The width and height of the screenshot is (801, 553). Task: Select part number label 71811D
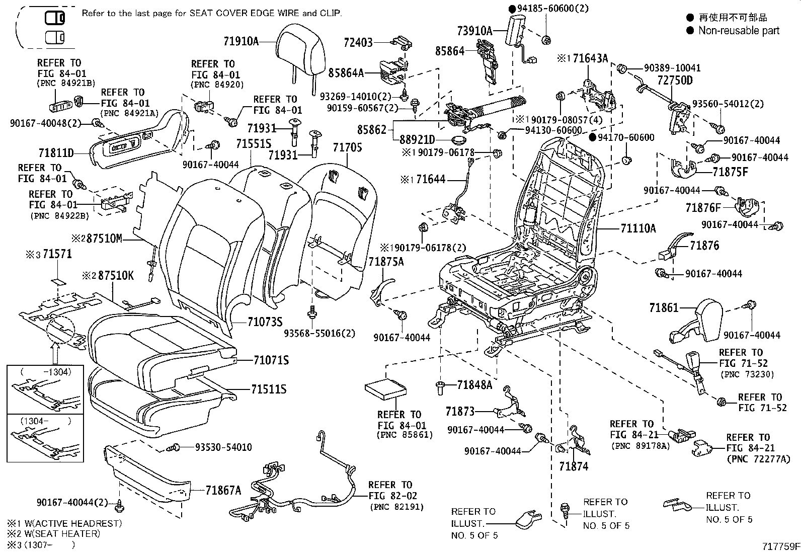click(x=56, y=152)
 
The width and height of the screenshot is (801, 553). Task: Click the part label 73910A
click(x=475, y=31)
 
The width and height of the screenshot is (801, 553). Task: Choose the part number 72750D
click(x=675, y=81)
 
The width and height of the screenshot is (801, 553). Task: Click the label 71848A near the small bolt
click(x=475, y=385)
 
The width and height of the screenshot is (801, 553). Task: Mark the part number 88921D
click(x=418, y=140)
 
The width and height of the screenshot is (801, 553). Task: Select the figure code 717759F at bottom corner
click(x=779, y=546)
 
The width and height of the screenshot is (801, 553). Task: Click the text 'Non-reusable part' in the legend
click(x=738, y=30)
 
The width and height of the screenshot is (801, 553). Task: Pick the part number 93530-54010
click(x=219, y=447)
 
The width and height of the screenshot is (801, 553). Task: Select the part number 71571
click(x=57, y=254)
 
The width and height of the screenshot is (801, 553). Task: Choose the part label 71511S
click(x=269, y=389)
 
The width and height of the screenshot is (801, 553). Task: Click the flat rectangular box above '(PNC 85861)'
click(x=386, y=389)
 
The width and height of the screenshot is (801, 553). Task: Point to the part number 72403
click(x=358, y=42)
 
